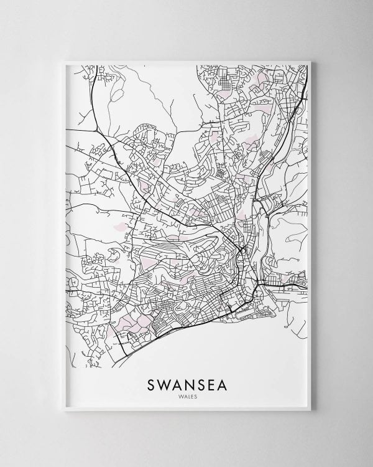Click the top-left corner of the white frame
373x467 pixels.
click(x=64, y=61)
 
